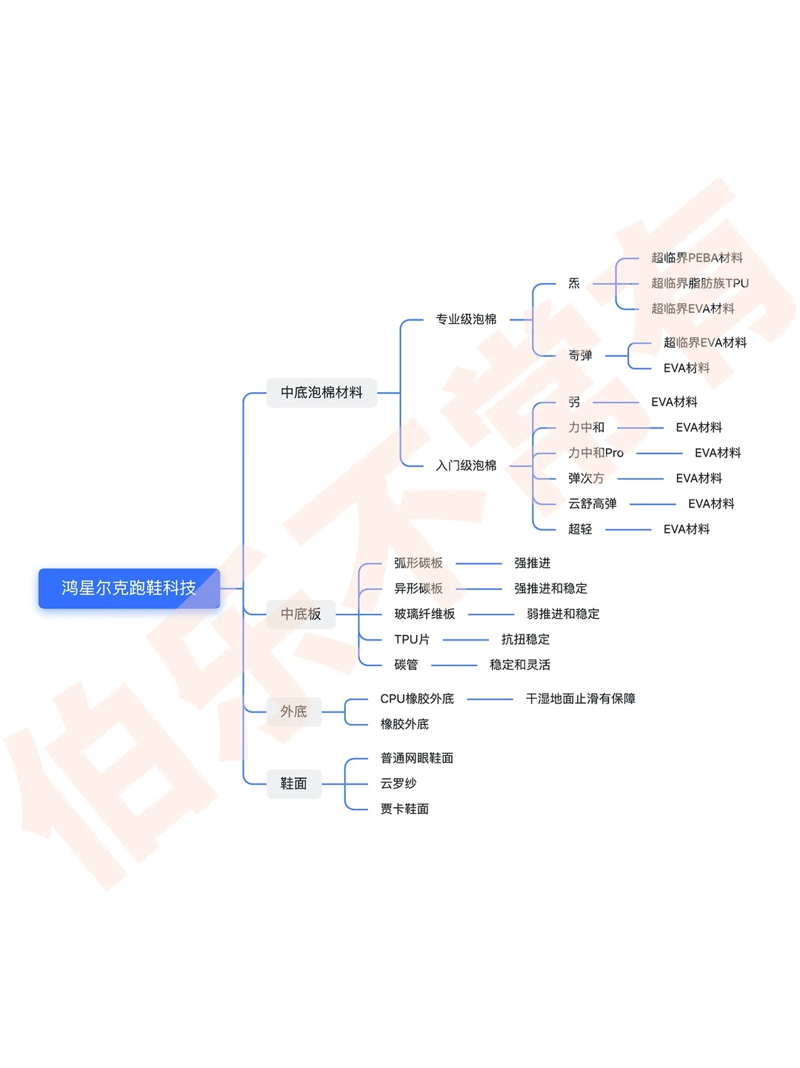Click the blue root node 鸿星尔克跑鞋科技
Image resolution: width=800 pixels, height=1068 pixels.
129,588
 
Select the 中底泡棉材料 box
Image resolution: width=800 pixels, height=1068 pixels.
321,393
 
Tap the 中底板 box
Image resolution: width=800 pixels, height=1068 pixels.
301,614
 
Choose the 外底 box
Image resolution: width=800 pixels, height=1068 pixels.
293,712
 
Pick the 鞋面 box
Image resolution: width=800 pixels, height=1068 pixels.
293,783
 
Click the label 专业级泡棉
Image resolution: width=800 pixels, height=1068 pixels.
466,319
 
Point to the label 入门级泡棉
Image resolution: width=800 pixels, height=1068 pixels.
466,465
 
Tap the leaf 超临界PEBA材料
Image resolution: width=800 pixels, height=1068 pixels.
696,258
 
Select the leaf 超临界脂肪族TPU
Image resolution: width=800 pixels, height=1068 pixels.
699,283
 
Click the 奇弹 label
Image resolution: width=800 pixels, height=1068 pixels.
580,356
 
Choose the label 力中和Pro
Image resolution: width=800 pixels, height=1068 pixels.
596,453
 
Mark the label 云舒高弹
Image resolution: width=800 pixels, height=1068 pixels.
592,504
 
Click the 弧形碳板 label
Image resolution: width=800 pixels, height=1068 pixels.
418,563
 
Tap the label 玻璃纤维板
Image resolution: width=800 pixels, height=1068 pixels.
424,614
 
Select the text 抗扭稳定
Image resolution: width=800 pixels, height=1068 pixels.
525,640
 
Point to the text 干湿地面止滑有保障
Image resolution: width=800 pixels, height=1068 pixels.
580,699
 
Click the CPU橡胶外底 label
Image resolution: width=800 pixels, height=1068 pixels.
417,699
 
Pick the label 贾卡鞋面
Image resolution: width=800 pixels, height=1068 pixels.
404,809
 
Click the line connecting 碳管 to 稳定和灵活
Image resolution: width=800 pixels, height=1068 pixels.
454,666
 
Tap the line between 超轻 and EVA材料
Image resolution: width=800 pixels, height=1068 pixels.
627,529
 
